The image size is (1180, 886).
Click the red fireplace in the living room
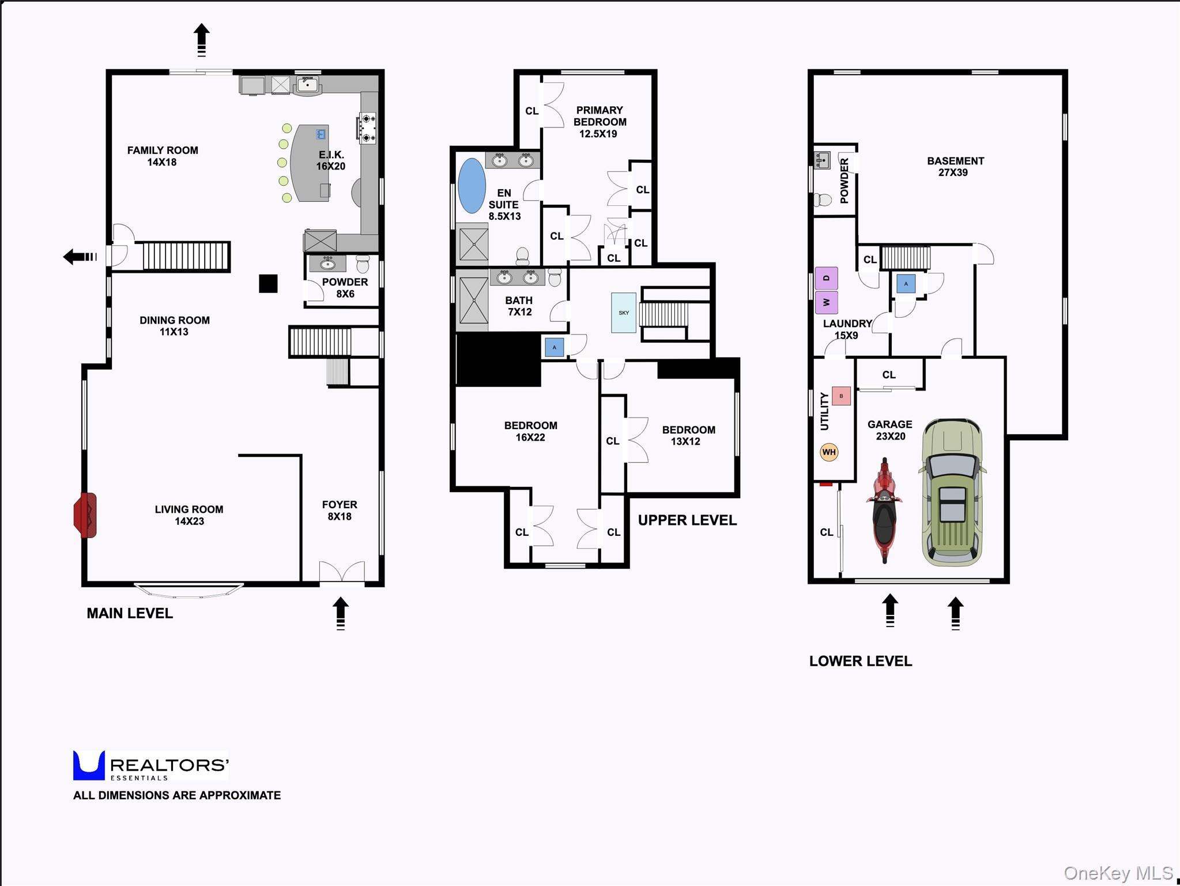click(x=85, y=515)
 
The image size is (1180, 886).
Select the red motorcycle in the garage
click(x=884, y=510)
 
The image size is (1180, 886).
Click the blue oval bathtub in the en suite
click(x=472, y=186)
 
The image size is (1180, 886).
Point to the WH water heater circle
click(x=828, y=452)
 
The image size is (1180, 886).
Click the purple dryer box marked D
click(x=826, y=278)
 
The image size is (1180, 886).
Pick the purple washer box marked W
click(x=826, y=302)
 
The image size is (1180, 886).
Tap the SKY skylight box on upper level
click(x=624, y=313)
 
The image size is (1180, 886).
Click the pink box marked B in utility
click(x=841, y=396)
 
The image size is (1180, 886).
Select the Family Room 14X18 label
click(x=162, y=156)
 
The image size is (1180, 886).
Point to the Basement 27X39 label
click(x=955, y=166)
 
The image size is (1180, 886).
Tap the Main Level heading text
click(x=130, y=613)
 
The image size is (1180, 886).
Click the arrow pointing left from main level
click(x=80, y=257)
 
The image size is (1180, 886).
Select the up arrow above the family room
click(x=201, y=39)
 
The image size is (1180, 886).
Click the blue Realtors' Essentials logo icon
click(x=89, y=765)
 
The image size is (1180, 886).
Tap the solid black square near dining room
click(x=268, y=283)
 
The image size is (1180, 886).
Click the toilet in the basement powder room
click(x=823, y=200)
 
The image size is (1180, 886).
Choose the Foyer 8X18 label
click(x=340, y=510)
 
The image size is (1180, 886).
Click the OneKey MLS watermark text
click(x=1118, y=873)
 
